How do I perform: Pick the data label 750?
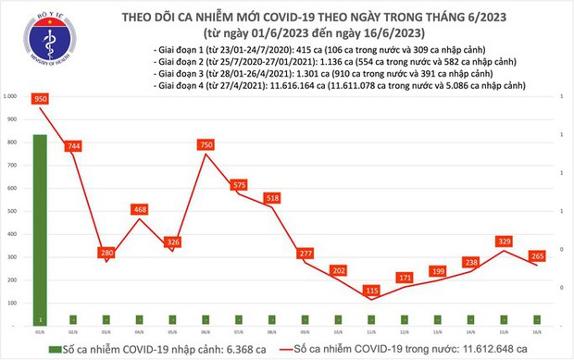pyautogui.click(x=207, y=144)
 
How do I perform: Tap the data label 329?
pyautogui.click(x=505, y=242)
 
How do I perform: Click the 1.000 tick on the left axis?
pyautogui.click(x=10, y=96)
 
